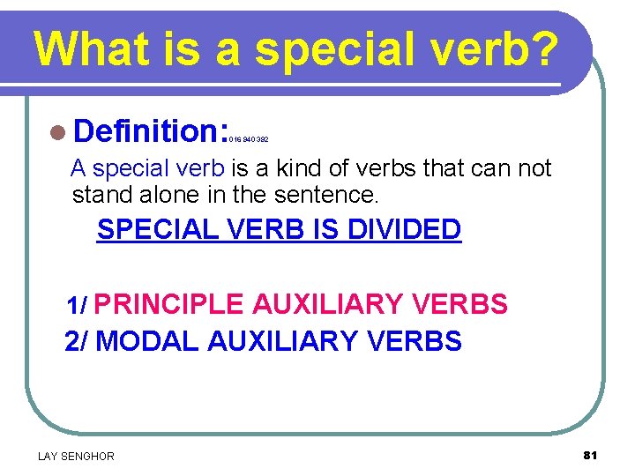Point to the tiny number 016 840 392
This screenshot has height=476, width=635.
point(248,139)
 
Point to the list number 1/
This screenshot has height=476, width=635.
point(77,306)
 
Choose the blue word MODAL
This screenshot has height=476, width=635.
point(146,340)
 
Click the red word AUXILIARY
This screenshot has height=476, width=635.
point(328,304)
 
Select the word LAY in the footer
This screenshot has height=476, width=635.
point(48,456)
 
